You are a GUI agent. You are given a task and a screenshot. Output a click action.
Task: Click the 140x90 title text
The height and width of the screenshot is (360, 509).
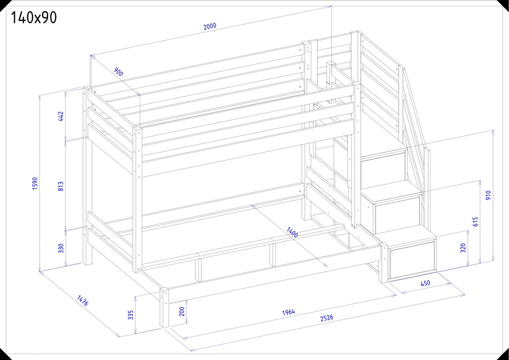click(x=34, y=17)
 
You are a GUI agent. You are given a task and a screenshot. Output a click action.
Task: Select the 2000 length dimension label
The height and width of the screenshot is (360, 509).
click(x=210, y=27)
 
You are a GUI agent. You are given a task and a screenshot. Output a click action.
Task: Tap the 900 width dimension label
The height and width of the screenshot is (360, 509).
click(x=118, y=72)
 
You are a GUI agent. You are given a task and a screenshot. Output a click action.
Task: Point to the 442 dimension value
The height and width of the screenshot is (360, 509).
click(x=61, y=116)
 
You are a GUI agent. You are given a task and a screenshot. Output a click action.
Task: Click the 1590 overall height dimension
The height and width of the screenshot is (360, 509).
click(x=35, y=183)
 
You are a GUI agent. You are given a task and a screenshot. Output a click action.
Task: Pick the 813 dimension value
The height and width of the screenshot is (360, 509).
click(x=61, y=186)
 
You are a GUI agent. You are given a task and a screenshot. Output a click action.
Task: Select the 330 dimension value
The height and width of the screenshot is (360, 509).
click(x=61, y=248)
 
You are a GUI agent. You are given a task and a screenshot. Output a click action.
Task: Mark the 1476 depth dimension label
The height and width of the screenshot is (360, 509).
click(x=83, y=301)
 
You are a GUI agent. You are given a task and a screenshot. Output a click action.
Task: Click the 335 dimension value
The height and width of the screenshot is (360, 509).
click(x=131, y=315)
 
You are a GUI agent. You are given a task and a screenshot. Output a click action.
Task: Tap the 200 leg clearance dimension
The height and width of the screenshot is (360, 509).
click(x=182, y=312)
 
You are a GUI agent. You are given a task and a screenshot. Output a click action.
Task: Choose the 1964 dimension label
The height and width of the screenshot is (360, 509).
click(x=289, y=312)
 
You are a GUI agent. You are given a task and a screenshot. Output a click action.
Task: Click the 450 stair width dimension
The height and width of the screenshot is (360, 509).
click(x=425, y=283)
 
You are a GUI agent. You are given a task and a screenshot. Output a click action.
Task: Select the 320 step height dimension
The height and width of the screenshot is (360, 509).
click(x=463, y=248)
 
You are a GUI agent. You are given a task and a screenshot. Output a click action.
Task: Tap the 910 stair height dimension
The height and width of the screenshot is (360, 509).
click(x=489, y=195)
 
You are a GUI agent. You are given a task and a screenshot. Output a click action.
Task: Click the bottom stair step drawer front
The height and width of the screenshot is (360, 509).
click(x=413, y=260)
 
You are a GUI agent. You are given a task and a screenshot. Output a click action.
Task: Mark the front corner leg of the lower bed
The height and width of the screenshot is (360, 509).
click(x=165, y=307)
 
